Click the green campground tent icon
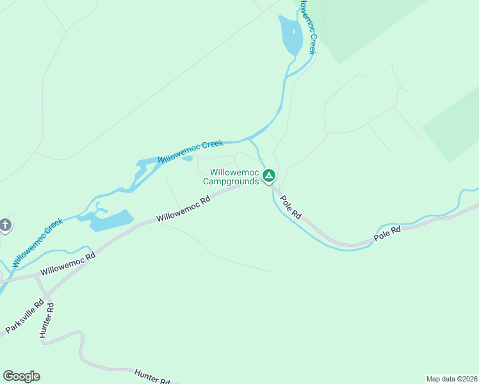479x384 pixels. click(x=270, y=175)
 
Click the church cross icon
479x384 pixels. click(x=5, y=225)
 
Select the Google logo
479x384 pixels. click(x=21, y=376)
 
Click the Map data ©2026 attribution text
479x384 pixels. click(x=451, y=378)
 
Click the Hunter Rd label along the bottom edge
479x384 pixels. click(x=152, y=377)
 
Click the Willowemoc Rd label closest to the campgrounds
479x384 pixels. click(x=184, y=209)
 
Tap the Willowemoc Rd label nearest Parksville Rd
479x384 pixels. click(x=67, y=263)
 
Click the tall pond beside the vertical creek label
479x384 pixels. click(x=289, y=37)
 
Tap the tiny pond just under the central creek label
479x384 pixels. click(x=187, y=159)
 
